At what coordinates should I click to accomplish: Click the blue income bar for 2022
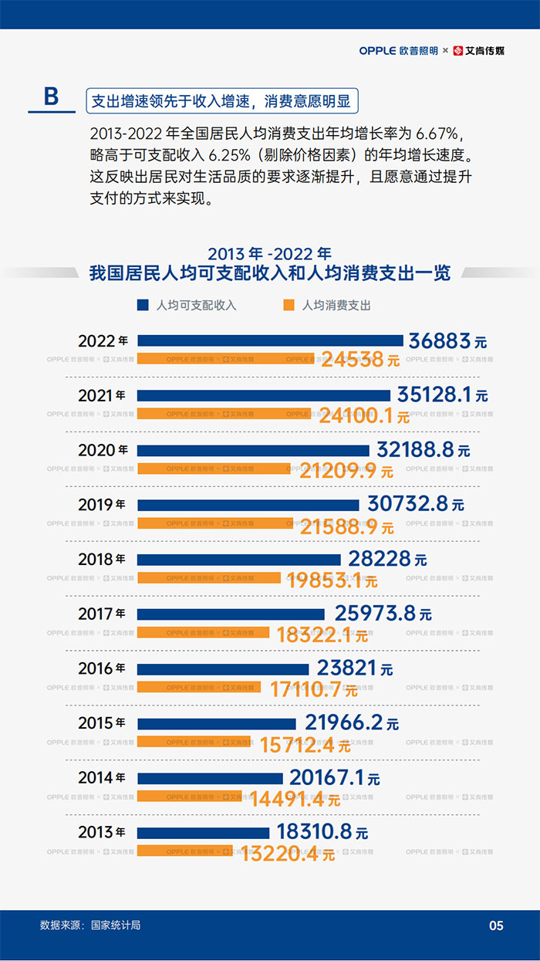coord(270,340)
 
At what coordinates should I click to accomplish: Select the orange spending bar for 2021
coord(224,414)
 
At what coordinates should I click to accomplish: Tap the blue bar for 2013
coord(203,833)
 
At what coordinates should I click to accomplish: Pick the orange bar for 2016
coord(199,687)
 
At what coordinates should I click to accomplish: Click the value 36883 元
coord(447,341)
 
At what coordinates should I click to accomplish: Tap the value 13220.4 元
coord(288,854)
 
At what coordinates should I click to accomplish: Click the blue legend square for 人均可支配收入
coord(143,305)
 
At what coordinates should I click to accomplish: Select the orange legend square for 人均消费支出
coord(289,305)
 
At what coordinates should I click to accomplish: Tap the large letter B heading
coord(51,96)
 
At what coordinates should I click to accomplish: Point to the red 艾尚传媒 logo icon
coord(458,51)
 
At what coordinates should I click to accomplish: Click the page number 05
coord(496,925)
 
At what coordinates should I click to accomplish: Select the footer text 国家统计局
coord(116,925)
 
